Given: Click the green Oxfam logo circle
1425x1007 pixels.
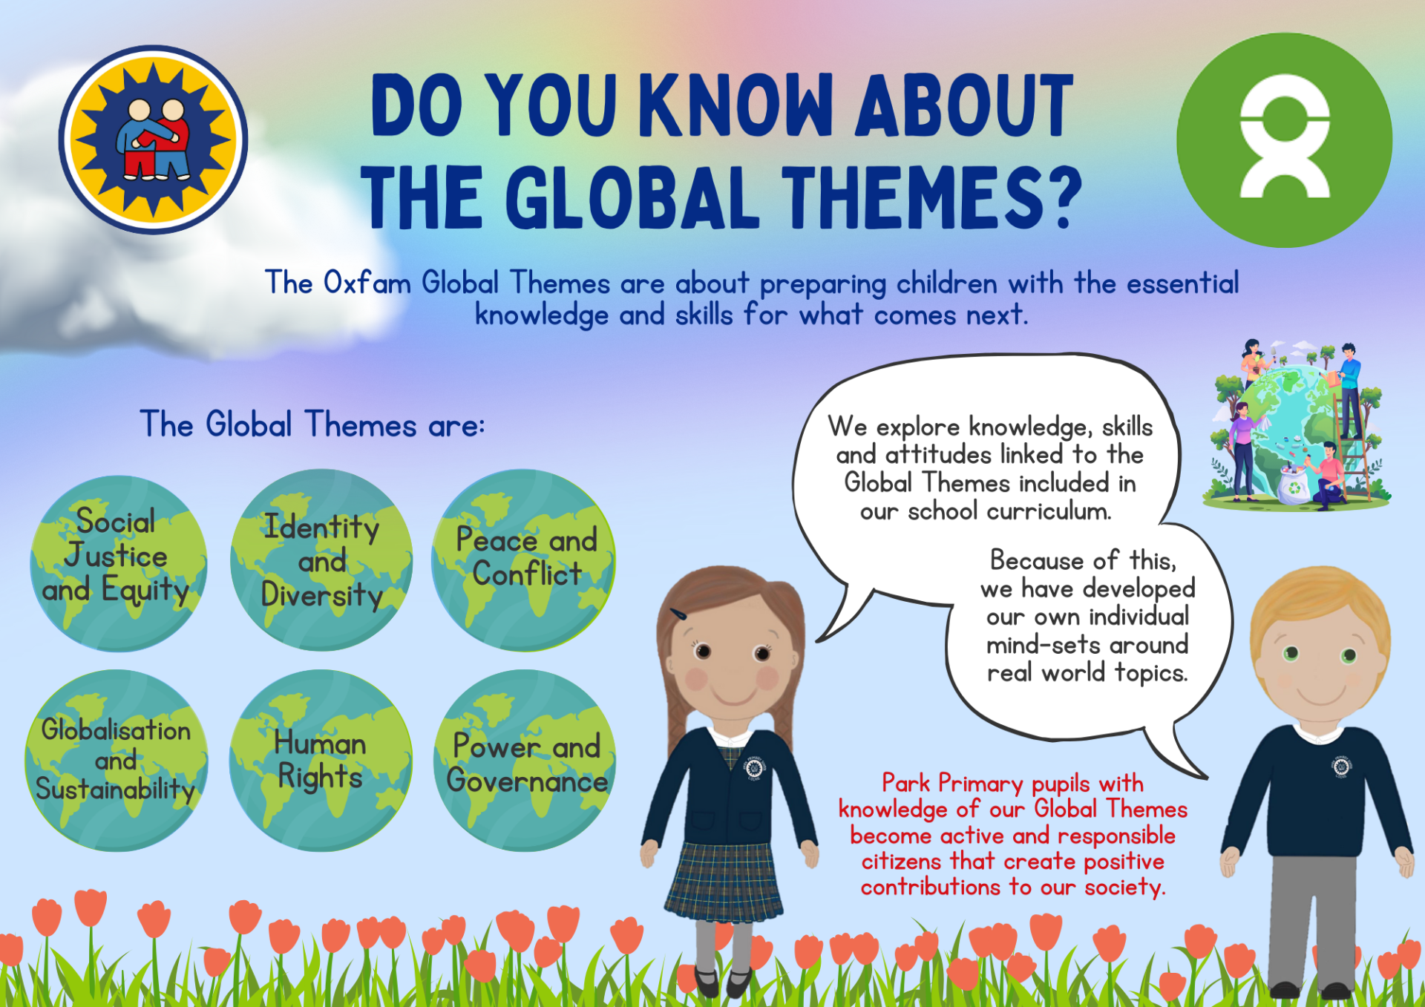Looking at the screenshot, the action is pyautogui.click(x=1284, y=140).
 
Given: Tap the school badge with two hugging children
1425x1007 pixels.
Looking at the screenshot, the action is pyautogui.click(x=153, y=140).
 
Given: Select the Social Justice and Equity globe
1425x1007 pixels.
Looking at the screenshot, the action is pyautogui.click(x=118, y=564).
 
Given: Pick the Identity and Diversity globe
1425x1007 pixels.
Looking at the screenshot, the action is pyautogui.click(x=321, y=560).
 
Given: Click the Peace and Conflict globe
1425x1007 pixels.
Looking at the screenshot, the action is pyautogui.click(x=524, y=560).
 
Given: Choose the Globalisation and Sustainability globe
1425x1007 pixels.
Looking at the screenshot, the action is pyautogui.click(x=117, y=760).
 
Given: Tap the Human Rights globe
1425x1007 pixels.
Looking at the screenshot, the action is pyautogui.click(x=321, y=760).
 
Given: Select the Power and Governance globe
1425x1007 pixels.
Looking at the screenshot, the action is pyautogui.click(x=525, y=760).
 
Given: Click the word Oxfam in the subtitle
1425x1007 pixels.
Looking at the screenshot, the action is pyautogui.click(x=367, y=283).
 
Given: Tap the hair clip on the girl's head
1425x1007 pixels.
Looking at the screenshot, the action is pyautogui.click(x=679, y=614).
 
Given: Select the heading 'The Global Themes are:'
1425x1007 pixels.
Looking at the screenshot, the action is pyautogui.click(x=312, y=425).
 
